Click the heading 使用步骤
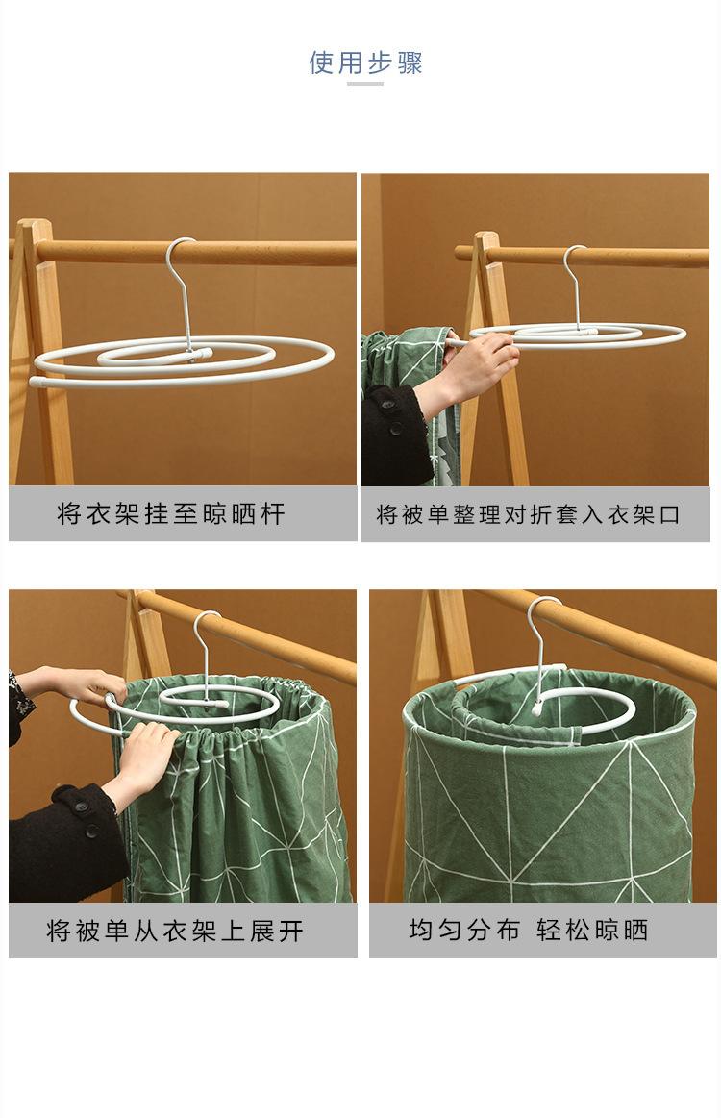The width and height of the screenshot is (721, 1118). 365,62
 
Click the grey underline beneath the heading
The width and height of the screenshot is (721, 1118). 365,85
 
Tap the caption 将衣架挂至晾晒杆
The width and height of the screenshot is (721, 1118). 171,513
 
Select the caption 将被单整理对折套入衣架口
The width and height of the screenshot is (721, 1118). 528,514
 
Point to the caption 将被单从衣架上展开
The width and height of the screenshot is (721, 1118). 175,931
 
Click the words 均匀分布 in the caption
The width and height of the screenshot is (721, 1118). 464,930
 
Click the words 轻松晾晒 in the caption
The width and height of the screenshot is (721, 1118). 592,930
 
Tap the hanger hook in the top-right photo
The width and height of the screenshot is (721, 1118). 574,286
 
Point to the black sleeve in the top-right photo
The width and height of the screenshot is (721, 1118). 396,435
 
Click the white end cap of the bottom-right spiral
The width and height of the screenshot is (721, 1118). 536,708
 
